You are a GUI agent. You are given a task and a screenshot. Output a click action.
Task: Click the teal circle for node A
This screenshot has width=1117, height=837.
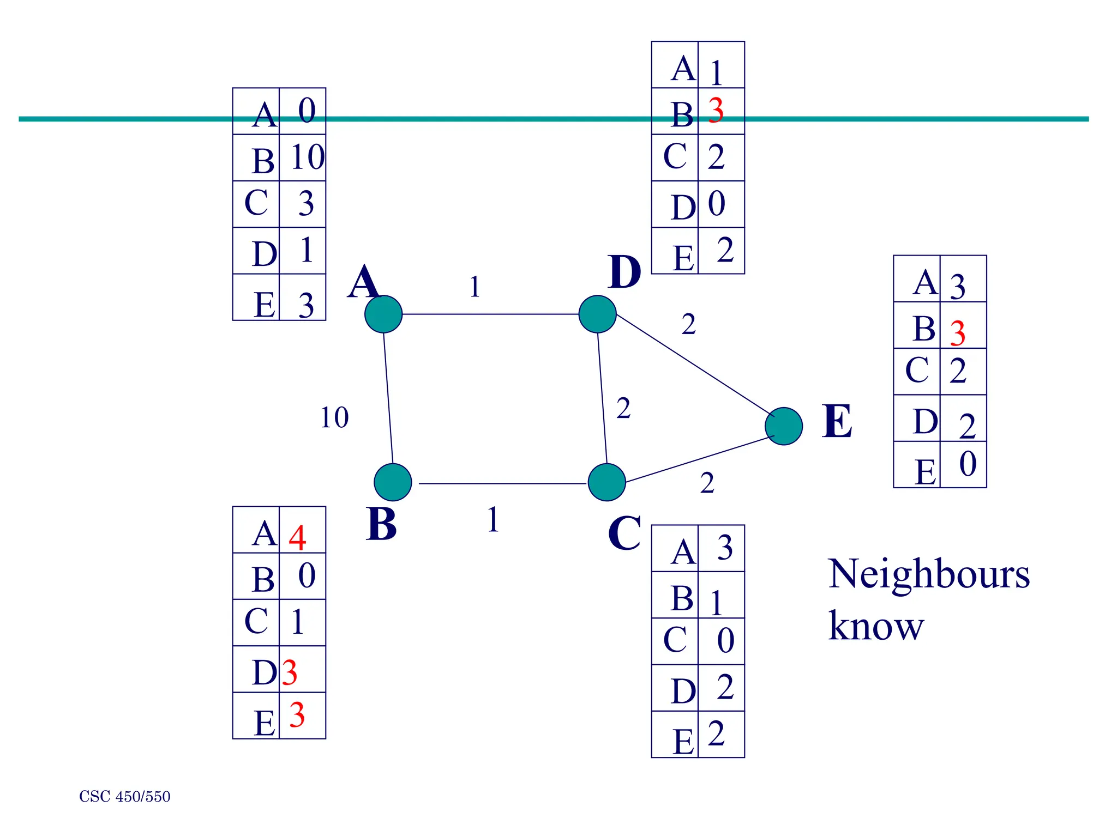(383, 314)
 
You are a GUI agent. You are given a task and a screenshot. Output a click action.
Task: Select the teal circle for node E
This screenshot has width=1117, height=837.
(784, 426)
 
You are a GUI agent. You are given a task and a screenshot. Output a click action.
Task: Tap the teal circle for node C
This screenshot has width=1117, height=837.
(606, 482)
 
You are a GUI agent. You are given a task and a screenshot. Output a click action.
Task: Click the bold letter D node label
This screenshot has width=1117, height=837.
(624, 272)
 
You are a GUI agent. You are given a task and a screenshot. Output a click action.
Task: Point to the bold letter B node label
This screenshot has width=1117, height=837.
(381, 524)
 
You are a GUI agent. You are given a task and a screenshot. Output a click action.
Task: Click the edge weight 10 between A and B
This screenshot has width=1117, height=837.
(334, 418)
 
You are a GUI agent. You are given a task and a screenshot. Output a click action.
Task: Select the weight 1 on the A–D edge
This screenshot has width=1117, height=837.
(475, 287)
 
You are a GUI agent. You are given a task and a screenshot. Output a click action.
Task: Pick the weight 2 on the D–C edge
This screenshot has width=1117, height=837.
(623, 408)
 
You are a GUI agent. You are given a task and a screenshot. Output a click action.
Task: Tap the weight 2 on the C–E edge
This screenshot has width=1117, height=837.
(707, 483)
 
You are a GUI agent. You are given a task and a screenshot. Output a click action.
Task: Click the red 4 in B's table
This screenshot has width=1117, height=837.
(297, 538)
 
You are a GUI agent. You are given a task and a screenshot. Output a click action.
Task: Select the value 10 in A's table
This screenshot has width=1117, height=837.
(308, 157)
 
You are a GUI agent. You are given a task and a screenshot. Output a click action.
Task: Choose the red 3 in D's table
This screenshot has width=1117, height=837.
(716, 111)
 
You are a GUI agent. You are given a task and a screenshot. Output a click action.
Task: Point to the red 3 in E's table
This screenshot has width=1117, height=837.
(958, 333)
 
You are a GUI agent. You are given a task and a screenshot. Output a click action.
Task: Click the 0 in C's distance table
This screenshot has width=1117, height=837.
(725, 641)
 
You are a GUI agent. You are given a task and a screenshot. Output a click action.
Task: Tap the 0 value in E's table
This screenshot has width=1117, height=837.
(968, 464)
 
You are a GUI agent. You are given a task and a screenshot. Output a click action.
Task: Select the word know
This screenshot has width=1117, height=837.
(876, 626)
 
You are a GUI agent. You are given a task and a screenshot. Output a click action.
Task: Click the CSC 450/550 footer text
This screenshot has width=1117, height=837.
(125, 797)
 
